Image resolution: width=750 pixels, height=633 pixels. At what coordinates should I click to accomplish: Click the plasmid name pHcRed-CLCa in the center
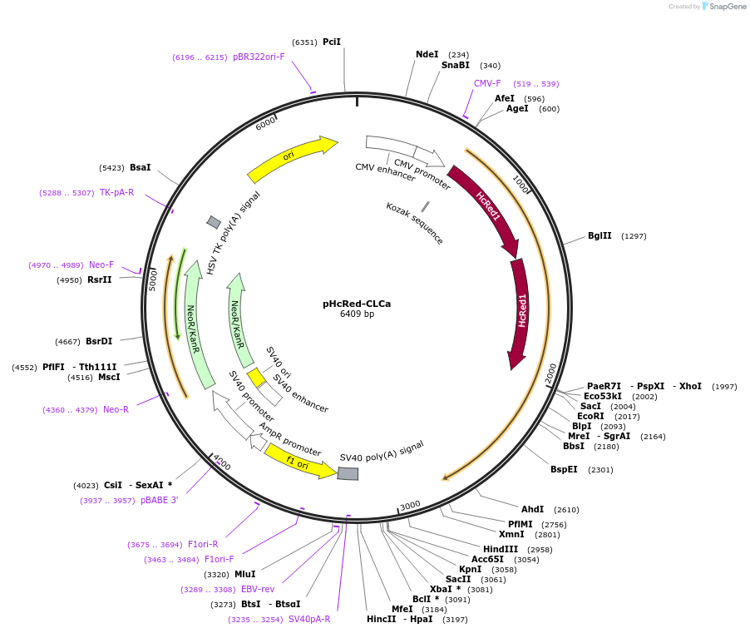pyautogui.click(x=357, y=304)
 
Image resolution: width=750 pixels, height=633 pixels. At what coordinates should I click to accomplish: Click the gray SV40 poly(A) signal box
pyautogui.click(x=348, y=473)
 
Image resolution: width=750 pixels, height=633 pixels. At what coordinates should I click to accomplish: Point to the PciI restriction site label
pyautogui.click(x=332, y=42)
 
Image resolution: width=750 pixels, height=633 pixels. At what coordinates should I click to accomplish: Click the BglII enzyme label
pyautogui.click(x=600, y=235)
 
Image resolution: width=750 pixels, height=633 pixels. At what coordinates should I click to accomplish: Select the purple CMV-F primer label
pyautogui.click(x=487, y=83)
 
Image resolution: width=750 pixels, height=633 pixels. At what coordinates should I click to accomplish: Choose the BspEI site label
pyautogui.click(x=564, y=469)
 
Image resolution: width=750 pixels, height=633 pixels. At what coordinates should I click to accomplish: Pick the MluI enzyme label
pyautogui.click(x=245, y=574)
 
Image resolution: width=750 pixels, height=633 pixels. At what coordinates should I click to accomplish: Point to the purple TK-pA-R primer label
pyautogui.click(x=116, y=192)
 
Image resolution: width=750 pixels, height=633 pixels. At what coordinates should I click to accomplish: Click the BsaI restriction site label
pyautogui.click(x=141, y=167)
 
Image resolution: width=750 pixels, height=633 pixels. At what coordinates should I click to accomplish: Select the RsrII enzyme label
pyautogui.click(x=99, y=279)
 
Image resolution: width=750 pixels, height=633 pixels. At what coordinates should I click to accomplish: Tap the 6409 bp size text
pyautogui.click(x=357, y=314)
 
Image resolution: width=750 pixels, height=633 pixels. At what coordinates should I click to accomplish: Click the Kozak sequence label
pyautogui.click(x=414, y=223)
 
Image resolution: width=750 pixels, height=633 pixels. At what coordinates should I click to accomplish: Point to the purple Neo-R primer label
pyautogui.click(x=116, y=409)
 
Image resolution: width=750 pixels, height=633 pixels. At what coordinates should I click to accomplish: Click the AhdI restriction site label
pyautogui.click(x=532, y=509)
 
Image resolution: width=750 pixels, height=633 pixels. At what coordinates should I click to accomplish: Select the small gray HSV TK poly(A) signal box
pyautogui.click(x=214, y=222)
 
